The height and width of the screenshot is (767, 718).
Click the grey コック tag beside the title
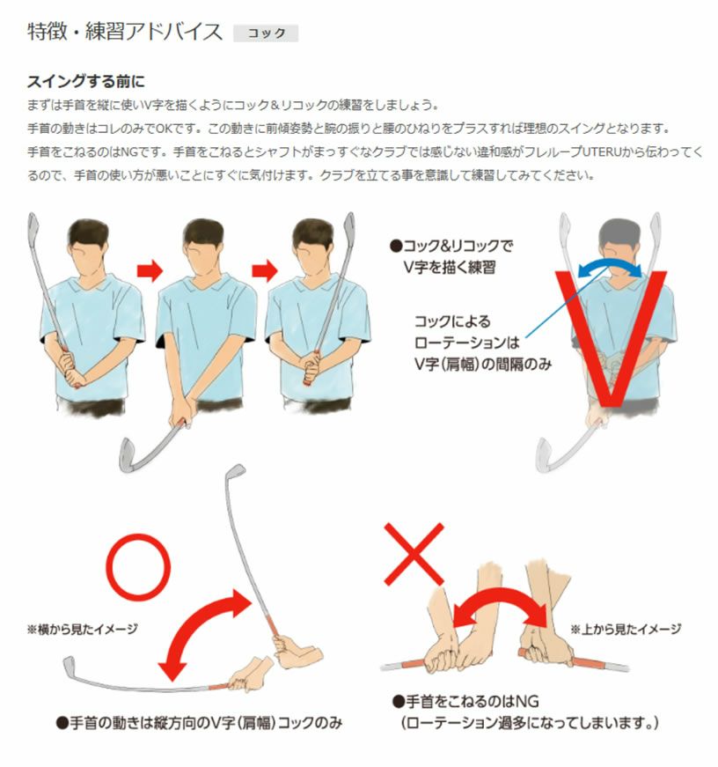[266, 33]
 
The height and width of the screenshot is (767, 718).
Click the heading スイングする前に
[86, 81]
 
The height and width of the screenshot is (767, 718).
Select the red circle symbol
[138, 567]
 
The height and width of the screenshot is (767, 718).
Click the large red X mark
[414, 554]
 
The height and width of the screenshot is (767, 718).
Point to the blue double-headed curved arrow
[610, 266]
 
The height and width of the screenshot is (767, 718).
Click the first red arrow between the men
[150, 269]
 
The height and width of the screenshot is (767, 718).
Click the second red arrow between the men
[265, 270]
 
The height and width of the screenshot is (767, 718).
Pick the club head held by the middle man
[128, 455]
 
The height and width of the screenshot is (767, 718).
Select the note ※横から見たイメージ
[82, 629]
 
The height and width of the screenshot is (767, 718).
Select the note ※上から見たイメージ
[626, 629]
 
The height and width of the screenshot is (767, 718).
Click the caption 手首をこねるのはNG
[465, 702]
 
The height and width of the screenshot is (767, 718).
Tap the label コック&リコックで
[451, 246]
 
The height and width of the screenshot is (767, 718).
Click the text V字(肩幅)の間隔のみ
[483, 364]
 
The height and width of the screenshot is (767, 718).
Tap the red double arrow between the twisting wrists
[500, 601]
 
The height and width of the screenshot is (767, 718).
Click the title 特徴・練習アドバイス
[125, 33]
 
